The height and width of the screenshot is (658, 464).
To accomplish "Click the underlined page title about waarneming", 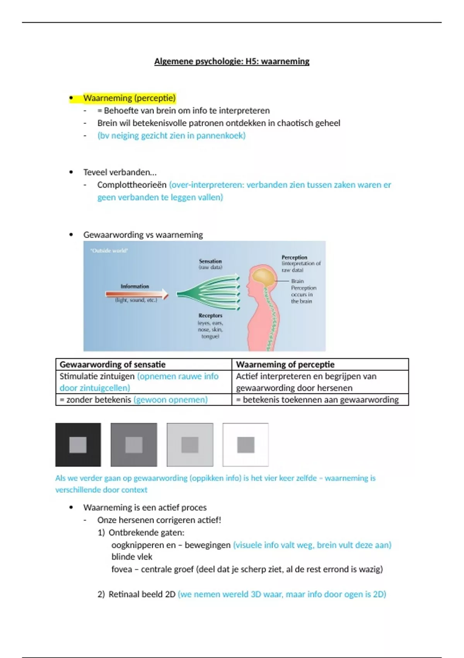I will tap(232, 61).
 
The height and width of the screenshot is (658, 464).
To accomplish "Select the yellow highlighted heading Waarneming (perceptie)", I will tap(129, 98).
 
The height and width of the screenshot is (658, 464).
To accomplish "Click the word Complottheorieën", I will tap(131, 185).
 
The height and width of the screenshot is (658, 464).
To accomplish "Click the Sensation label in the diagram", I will tap(210, 261).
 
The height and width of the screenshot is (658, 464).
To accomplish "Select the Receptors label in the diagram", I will tap(210, 315).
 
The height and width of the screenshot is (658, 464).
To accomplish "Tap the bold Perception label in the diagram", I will tap(294, 257).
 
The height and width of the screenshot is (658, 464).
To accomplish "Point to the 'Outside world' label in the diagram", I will tap(109, 251).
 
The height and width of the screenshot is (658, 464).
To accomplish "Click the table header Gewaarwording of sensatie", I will tap(113, 364).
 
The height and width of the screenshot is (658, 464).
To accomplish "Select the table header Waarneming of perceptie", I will tap(285, 364).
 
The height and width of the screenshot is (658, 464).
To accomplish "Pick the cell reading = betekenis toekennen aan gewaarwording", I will tap(317, 399).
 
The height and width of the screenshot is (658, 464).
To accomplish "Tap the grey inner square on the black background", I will tap(78, 445).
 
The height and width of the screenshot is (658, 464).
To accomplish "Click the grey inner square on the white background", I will tap(246, 445).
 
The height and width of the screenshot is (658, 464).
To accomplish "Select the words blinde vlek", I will tap(132, 557).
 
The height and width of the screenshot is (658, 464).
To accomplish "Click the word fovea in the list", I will tap(121, 569).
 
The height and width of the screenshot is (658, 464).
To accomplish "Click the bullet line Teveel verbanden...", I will tap(120, 172).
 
